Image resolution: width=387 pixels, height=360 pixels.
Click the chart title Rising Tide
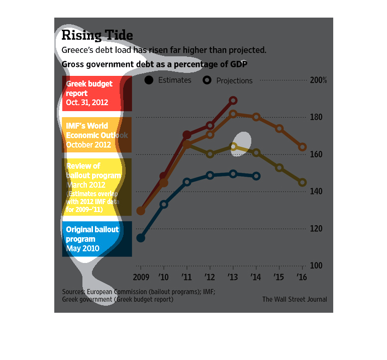point(97,35)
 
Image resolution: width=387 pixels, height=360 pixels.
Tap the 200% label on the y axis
point(319,80)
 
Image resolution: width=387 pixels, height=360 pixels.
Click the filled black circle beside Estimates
point(149,80)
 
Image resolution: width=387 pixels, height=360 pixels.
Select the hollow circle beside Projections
point(207,80)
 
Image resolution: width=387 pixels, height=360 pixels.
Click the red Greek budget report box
point(97,94)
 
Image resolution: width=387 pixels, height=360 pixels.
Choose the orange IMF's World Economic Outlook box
point(97,135)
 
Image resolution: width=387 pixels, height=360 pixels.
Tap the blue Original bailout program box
point(97,239)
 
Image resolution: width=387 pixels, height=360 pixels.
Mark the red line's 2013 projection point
point(233,101)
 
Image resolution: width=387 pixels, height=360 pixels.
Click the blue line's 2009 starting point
point(141,238)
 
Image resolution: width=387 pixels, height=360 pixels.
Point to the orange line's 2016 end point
point(303,147)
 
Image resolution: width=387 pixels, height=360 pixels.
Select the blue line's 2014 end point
point(256,176)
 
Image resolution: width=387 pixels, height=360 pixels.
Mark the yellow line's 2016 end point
point(303,183)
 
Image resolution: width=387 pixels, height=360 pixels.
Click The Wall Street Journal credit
point(295,299)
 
